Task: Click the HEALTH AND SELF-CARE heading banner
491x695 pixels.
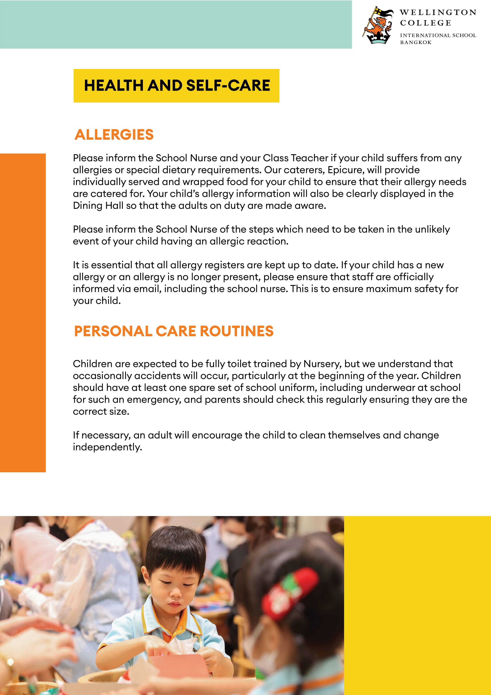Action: [x=176, y=86]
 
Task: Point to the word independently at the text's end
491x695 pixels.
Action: [x=107, y=447]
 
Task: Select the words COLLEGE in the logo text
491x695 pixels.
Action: [x=425, y=23]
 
